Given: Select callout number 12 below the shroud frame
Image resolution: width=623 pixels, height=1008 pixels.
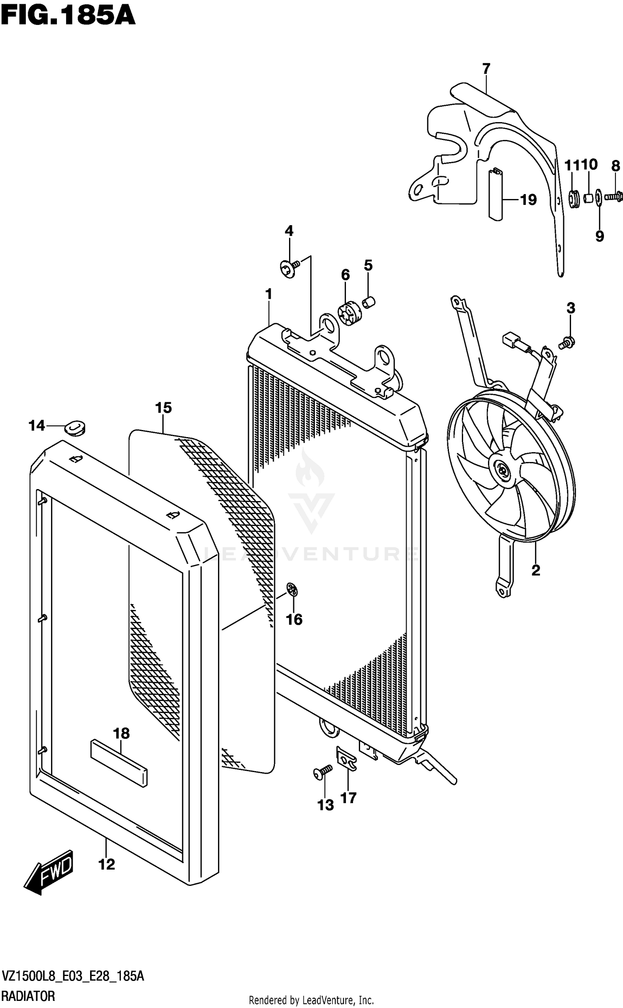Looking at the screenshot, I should [x=106, y=865].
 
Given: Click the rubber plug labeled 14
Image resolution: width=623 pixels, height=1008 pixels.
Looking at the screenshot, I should [x=75, y=428].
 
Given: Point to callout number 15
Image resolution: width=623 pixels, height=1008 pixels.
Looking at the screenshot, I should [x=164, y=408].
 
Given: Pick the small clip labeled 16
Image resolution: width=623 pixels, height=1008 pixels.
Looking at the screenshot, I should [x=293, y=589].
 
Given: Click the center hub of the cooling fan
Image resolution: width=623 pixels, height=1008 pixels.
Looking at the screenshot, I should [x=503, y=471].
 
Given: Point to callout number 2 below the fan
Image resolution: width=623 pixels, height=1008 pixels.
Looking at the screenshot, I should [x=536, y=570].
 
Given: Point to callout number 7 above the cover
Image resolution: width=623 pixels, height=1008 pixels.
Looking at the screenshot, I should [x=486, y=68].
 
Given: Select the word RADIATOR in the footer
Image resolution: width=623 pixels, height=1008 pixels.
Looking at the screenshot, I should [x=28, y=996].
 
